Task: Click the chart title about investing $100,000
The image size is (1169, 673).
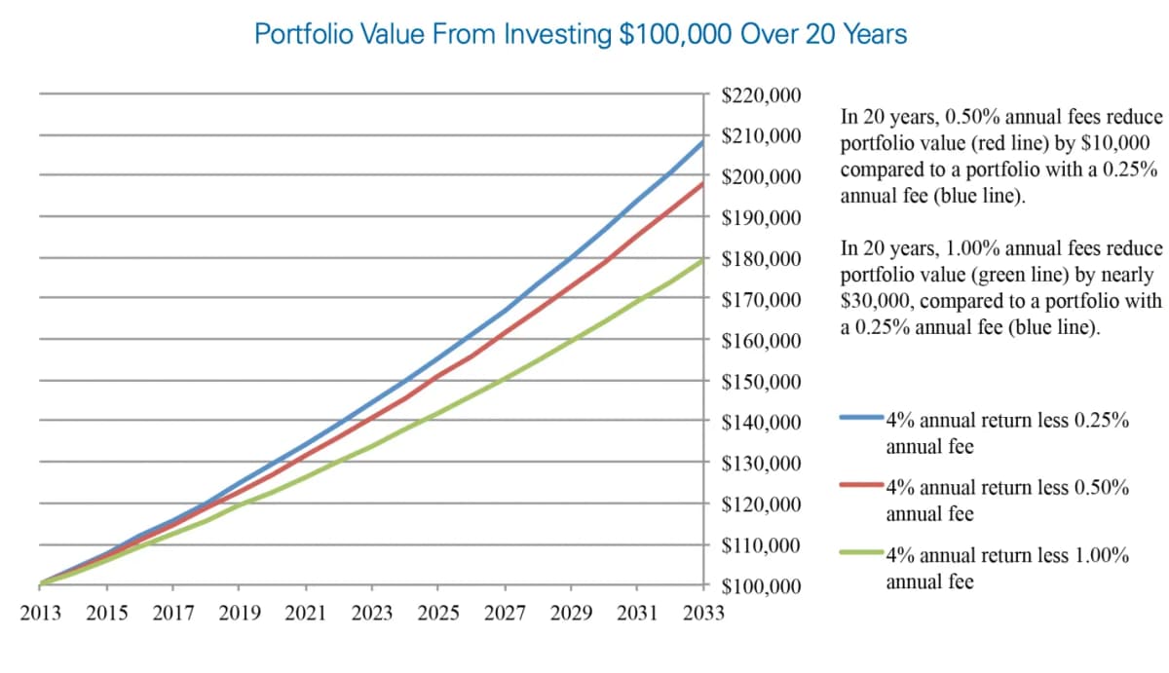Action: point(581,34)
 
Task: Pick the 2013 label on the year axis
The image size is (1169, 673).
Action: point(41,614)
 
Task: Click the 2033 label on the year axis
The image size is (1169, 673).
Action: point(703,614)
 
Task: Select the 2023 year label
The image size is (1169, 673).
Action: point(372,614)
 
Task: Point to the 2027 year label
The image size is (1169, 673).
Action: point(505,614)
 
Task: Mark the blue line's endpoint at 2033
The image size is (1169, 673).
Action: point(702,142)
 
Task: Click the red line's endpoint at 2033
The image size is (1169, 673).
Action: point(702,183)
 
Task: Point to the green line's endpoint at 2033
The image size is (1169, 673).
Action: point(702,259)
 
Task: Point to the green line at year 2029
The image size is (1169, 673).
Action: point(571,343)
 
